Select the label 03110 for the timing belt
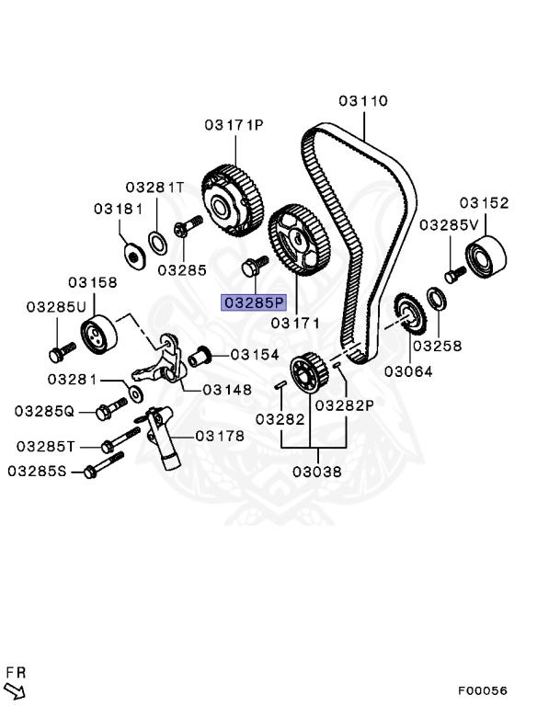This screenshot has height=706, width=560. [x=363, y=101]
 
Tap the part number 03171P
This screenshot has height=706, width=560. [x=234, y=124]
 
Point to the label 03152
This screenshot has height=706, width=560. [x=485, y=203]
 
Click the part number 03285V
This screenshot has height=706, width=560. [x=450, y=224]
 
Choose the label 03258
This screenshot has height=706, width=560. [x=438, y=347]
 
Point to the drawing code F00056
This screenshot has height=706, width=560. [x=483, y=690]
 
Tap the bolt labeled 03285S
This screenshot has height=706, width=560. [x=91, y=472]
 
